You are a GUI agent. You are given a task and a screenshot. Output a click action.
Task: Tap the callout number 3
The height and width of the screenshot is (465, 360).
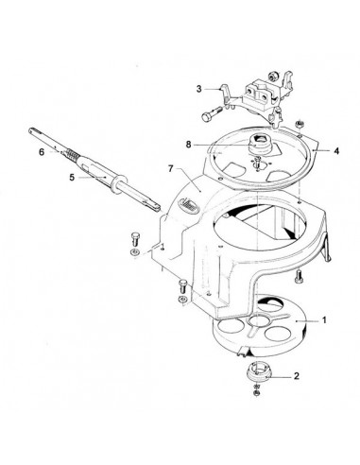[199, 89]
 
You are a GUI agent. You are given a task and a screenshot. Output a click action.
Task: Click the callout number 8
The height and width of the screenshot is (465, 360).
[189, 145]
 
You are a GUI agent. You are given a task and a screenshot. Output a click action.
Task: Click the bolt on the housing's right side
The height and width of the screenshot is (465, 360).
[300, 277]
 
